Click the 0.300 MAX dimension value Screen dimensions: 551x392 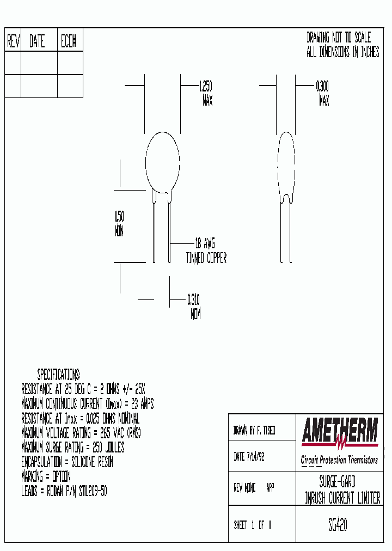point(323,93)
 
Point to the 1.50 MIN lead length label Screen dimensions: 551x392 point(119,223)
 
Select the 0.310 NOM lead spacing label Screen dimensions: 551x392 point(194,307)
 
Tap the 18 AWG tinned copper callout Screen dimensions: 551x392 point(206,251)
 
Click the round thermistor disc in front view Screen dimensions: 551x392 point(162,161)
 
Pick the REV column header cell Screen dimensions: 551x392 point(13,41)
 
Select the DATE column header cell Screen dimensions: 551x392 point(38,41)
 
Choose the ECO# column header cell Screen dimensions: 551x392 point(70,41)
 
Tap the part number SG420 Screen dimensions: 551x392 point(338,525)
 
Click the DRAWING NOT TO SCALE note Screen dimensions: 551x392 point(338,38)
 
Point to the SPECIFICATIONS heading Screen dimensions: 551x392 point(59,375)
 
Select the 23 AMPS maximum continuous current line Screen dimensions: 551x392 point(87,403)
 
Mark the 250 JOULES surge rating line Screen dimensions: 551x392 point(72,448)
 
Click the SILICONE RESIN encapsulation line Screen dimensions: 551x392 point(67,462)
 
